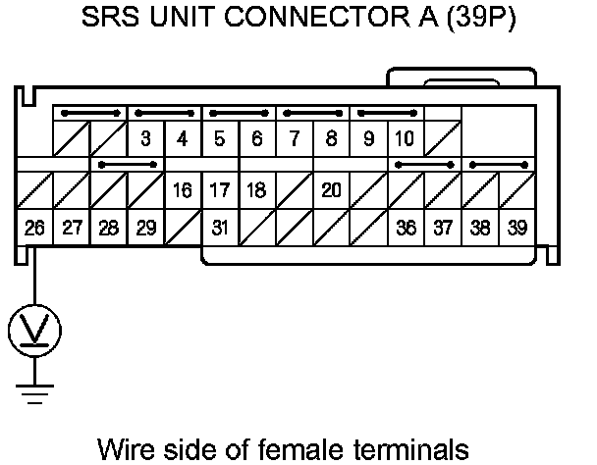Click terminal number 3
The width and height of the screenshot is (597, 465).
click(145, 138)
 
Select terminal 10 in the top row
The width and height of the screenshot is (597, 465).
click(405, 138)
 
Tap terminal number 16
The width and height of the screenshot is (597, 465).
click(183, 190)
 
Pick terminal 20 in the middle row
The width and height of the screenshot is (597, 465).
click(331, 190)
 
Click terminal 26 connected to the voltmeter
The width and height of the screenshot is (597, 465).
click(34, 229)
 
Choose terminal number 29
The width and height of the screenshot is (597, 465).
click(145, 229)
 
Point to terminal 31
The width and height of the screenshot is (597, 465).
click(220, 229)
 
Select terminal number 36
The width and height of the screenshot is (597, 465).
click(406, 229)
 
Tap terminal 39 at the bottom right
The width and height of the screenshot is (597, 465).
click(516, 229)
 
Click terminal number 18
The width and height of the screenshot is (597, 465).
click(256, 190)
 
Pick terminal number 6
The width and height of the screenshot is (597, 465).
click(256, 138)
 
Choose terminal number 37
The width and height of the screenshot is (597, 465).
click(443, 229)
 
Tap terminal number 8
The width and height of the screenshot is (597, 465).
click(331, 138)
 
